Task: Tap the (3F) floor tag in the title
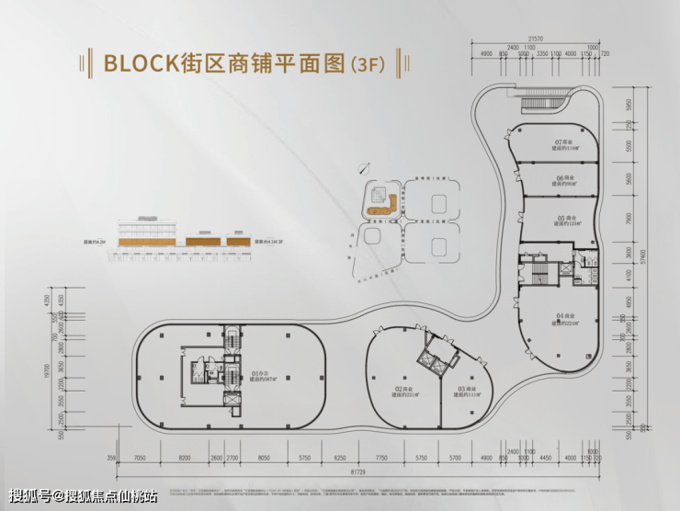368,64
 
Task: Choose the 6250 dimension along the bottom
340,457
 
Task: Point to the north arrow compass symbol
366,167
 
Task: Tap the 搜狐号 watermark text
33,496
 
